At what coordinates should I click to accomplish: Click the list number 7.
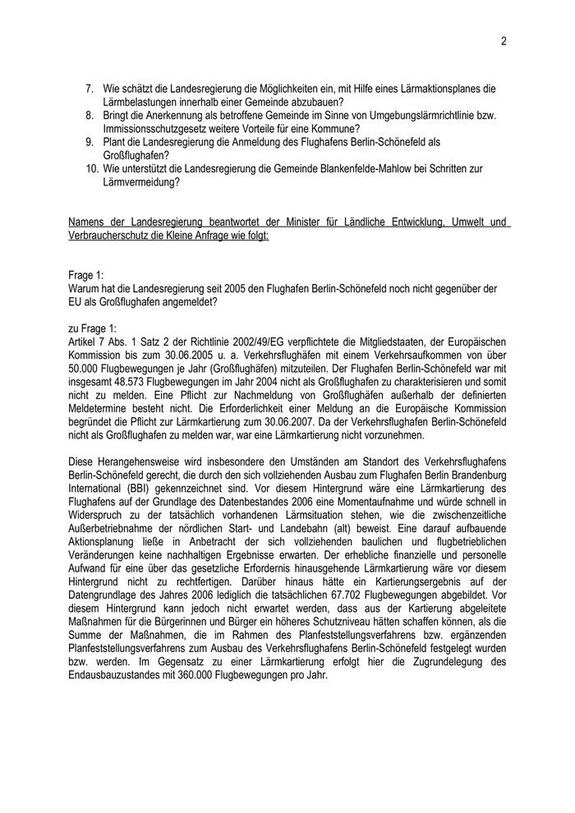(x=90, y=88)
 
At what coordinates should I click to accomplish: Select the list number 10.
(x=92, y=168)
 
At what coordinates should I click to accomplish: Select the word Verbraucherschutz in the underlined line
(x=112, y=235)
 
